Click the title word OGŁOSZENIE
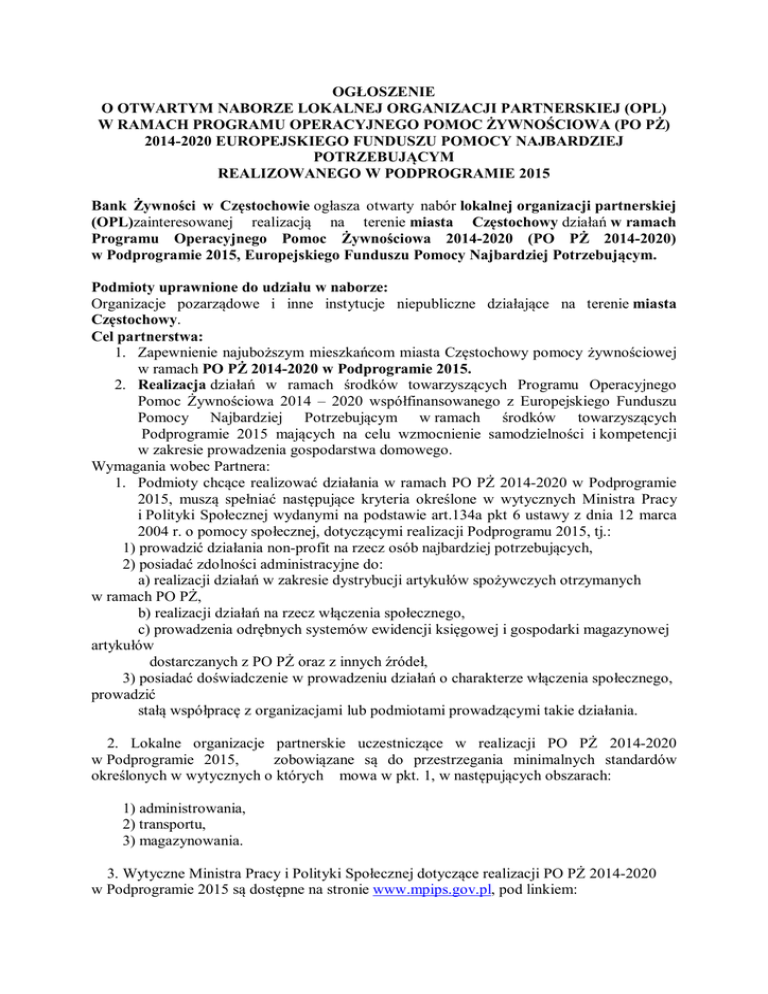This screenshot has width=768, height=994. pos(384,88)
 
